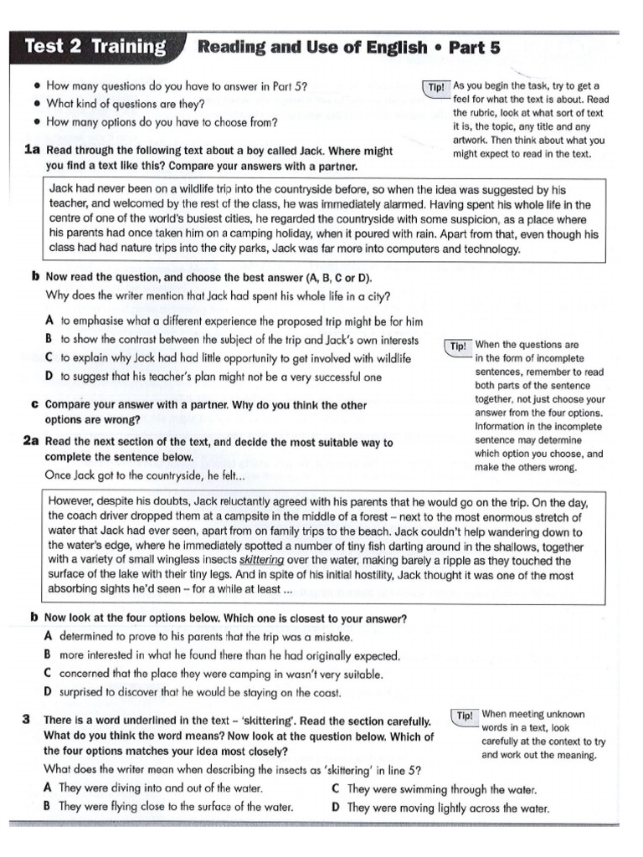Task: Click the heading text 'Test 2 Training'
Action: (95, 47)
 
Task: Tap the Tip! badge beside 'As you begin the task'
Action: (436, 87)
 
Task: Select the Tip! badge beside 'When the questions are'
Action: (458, 346)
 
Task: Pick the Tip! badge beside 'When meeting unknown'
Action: (466, 716)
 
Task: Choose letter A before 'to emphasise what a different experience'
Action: (49, 321)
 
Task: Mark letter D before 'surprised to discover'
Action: (48, 692)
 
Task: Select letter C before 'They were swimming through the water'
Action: (335, 788)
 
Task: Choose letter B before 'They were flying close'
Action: (48, 807)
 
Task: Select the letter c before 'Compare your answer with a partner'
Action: (34, 404)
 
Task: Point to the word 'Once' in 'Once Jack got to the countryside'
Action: (59, 475)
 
